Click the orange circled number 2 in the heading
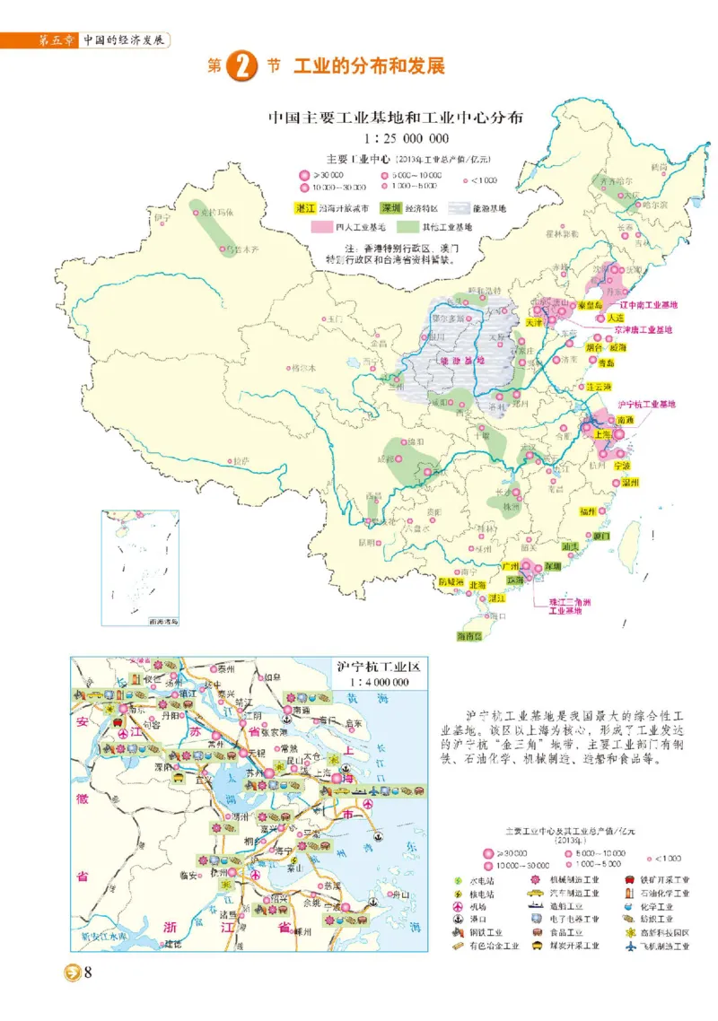[240, 67]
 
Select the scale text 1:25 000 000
[407, 138]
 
